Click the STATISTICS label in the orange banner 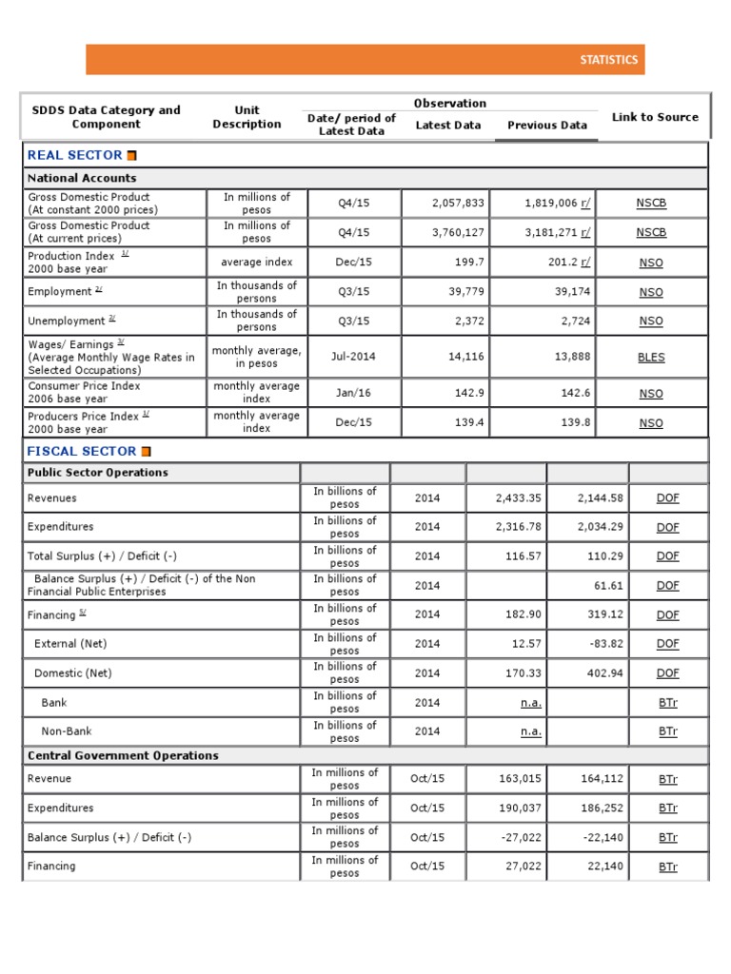(608, 60)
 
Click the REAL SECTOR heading (74, 155)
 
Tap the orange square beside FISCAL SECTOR (146, 452)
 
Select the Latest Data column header (447, 125)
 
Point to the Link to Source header (654, 117)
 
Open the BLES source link (651, 358)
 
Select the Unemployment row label (67, 321)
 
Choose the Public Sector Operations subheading (97, 473)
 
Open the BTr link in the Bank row (667, 702)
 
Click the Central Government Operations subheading (123, 755)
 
